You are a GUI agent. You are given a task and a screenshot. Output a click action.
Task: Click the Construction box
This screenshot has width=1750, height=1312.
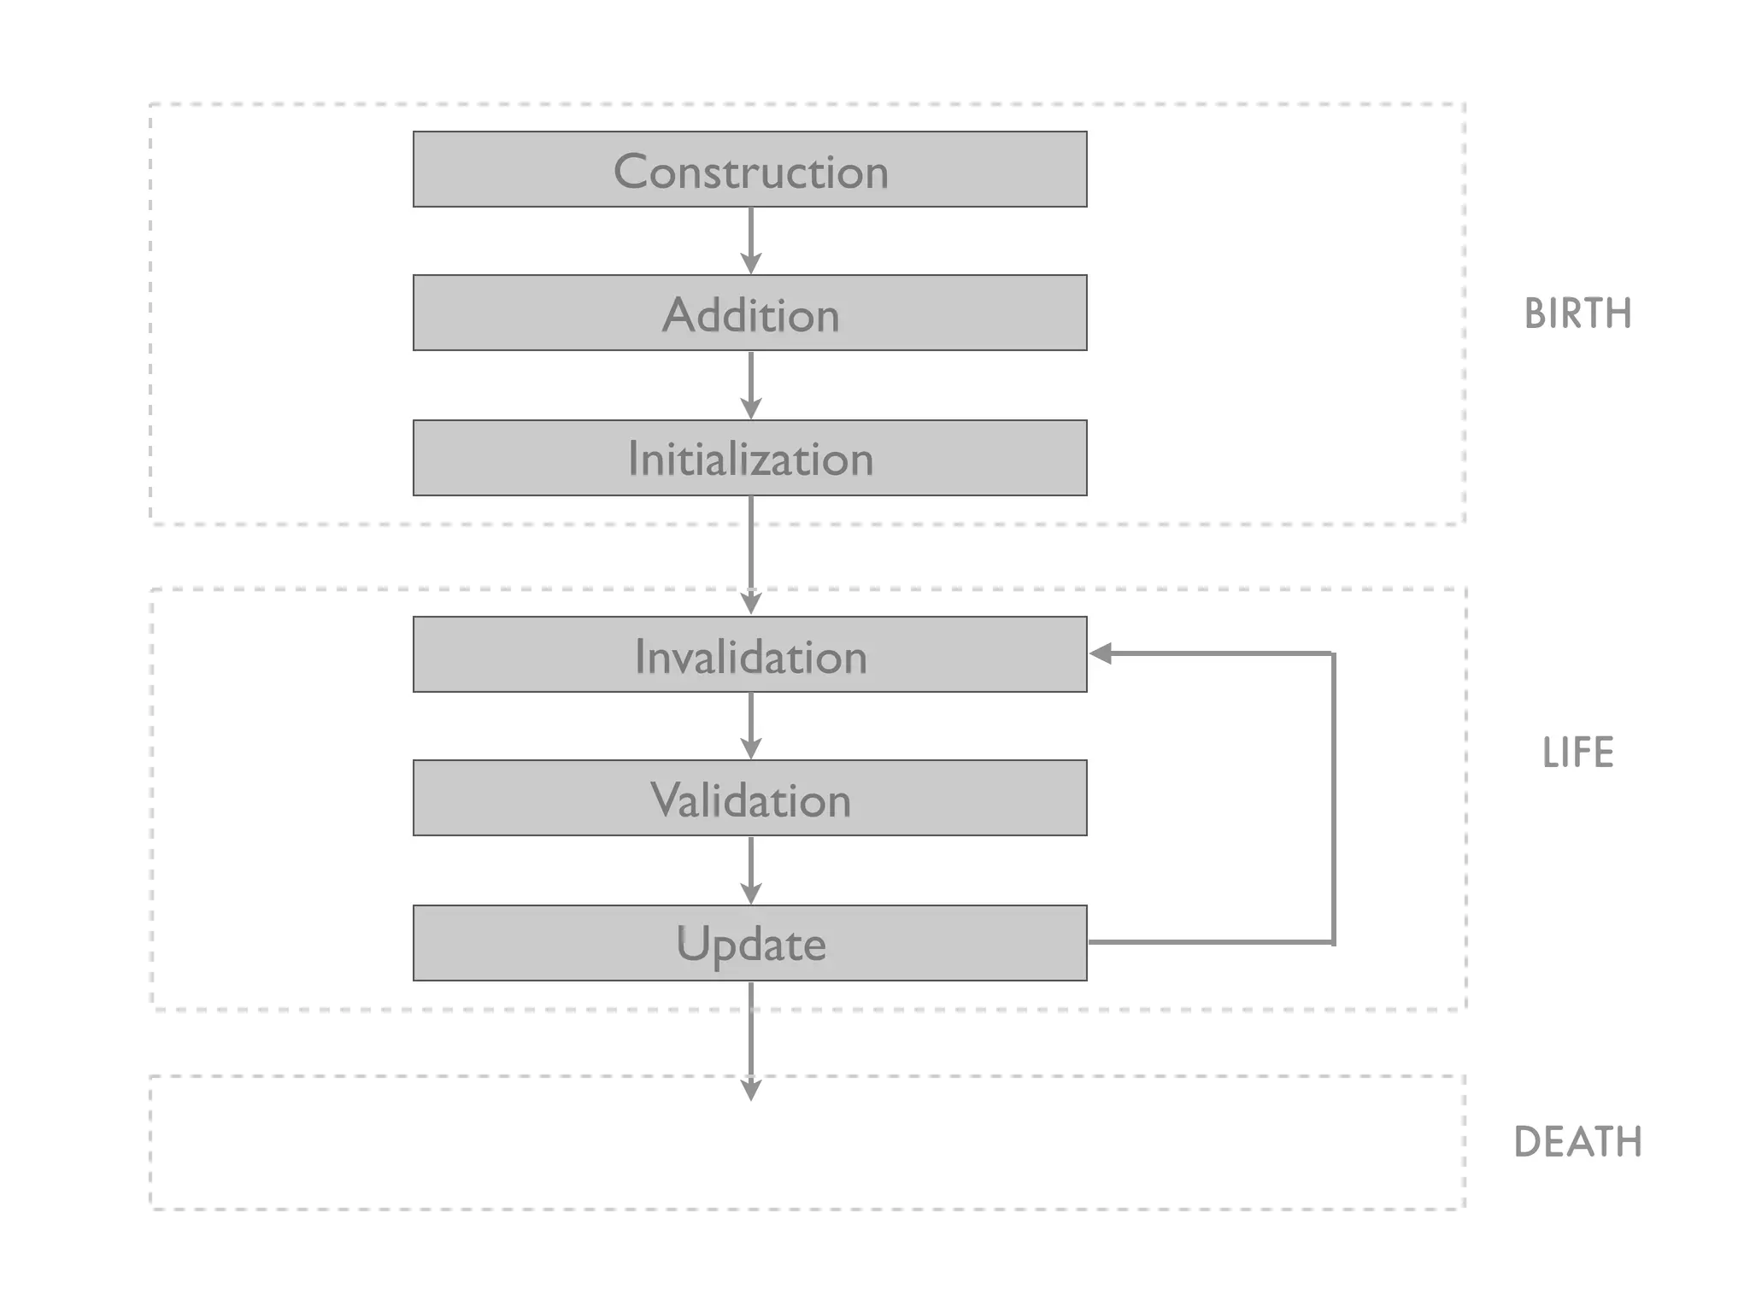click(x=749, y=169)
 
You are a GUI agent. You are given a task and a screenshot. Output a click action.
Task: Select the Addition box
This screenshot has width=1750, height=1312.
click(x=749, y=313)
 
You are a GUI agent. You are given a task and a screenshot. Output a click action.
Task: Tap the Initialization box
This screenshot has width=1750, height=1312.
click(x=749, y=458)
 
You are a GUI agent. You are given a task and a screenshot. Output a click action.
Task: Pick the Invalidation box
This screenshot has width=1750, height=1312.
click(x=749, y=654)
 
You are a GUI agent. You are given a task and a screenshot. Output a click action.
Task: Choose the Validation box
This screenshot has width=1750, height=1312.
click(x=749, y=798)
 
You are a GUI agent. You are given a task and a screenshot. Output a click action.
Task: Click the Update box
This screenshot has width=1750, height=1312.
click(x=749, y=943)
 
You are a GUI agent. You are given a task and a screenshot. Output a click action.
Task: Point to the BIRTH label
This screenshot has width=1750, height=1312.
click(x=1577, y=313)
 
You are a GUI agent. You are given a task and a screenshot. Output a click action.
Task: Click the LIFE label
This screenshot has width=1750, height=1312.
click(x=1577, y=753)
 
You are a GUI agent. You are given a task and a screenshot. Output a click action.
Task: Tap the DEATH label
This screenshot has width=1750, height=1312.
click(x=1577, y=1142)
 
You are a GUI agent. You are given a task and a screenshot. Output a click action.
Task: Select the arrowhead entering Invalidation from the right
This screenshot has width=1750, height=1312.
click(x=1101, y=653)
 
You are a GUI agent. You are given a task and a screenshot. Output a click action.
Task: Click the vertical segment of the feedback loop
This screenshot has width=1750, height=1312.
click(x=1333, y=798)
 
